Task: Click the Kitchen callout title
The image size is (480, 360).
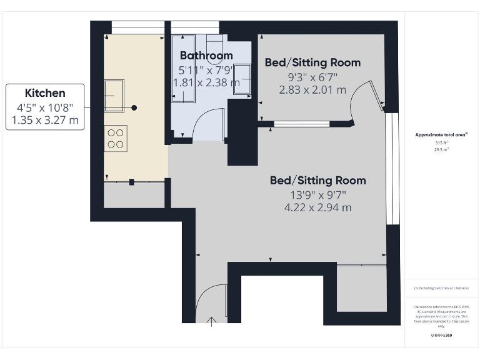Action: click(44, 93)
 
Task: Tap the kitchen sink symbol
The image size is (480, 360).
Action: click(114, 96)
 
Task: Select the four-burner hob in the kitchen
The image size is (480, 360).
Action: click(116, 138)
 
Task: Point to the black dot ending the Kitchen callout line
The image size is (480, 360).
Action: click(134, 107)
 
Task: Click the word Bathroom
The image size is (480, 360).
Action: click(206, 56)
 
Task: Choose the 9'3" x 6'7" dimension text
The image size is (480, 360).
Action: click(312, 76)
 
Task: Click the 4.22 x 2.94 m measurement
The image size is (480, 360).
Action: click(318, 207)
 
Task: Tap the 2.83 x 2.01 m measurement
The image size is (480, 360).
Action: click(312, 89)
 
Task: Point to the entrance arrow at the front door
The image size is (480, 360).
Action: click(212, 321)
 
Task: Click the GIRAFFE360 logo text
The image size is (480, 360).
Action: click(441, 336)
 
